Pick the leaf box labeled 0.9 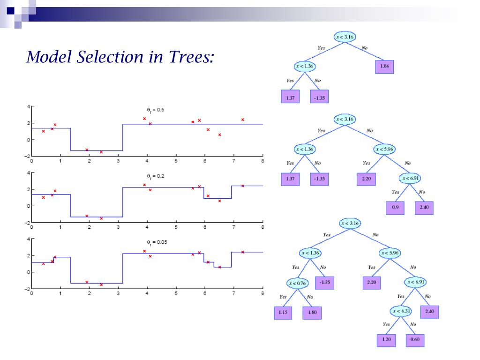tap(395, 208)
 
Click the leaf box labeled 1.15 tap(283, 313)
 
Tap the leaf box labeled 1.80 tap(312, 313)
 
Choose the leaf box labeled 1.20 tap(386, 340)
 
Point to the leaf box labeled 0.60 tap(415, 340)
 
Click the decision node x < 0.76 tap(297, 283)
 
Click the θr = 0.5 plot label tap(156, 110)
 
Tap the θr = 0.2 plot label tap(156, 176)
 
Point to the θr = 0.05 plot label tap(157, 242)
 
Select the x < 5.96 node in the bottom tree tap(389, 253)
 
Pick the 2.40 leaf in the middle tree tap(424, 208)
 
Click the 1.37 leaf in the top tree tap(290, 97)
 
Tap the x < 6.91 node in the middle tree tap(409, 178)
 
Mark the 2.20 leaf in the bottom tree tap(371, 283)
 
